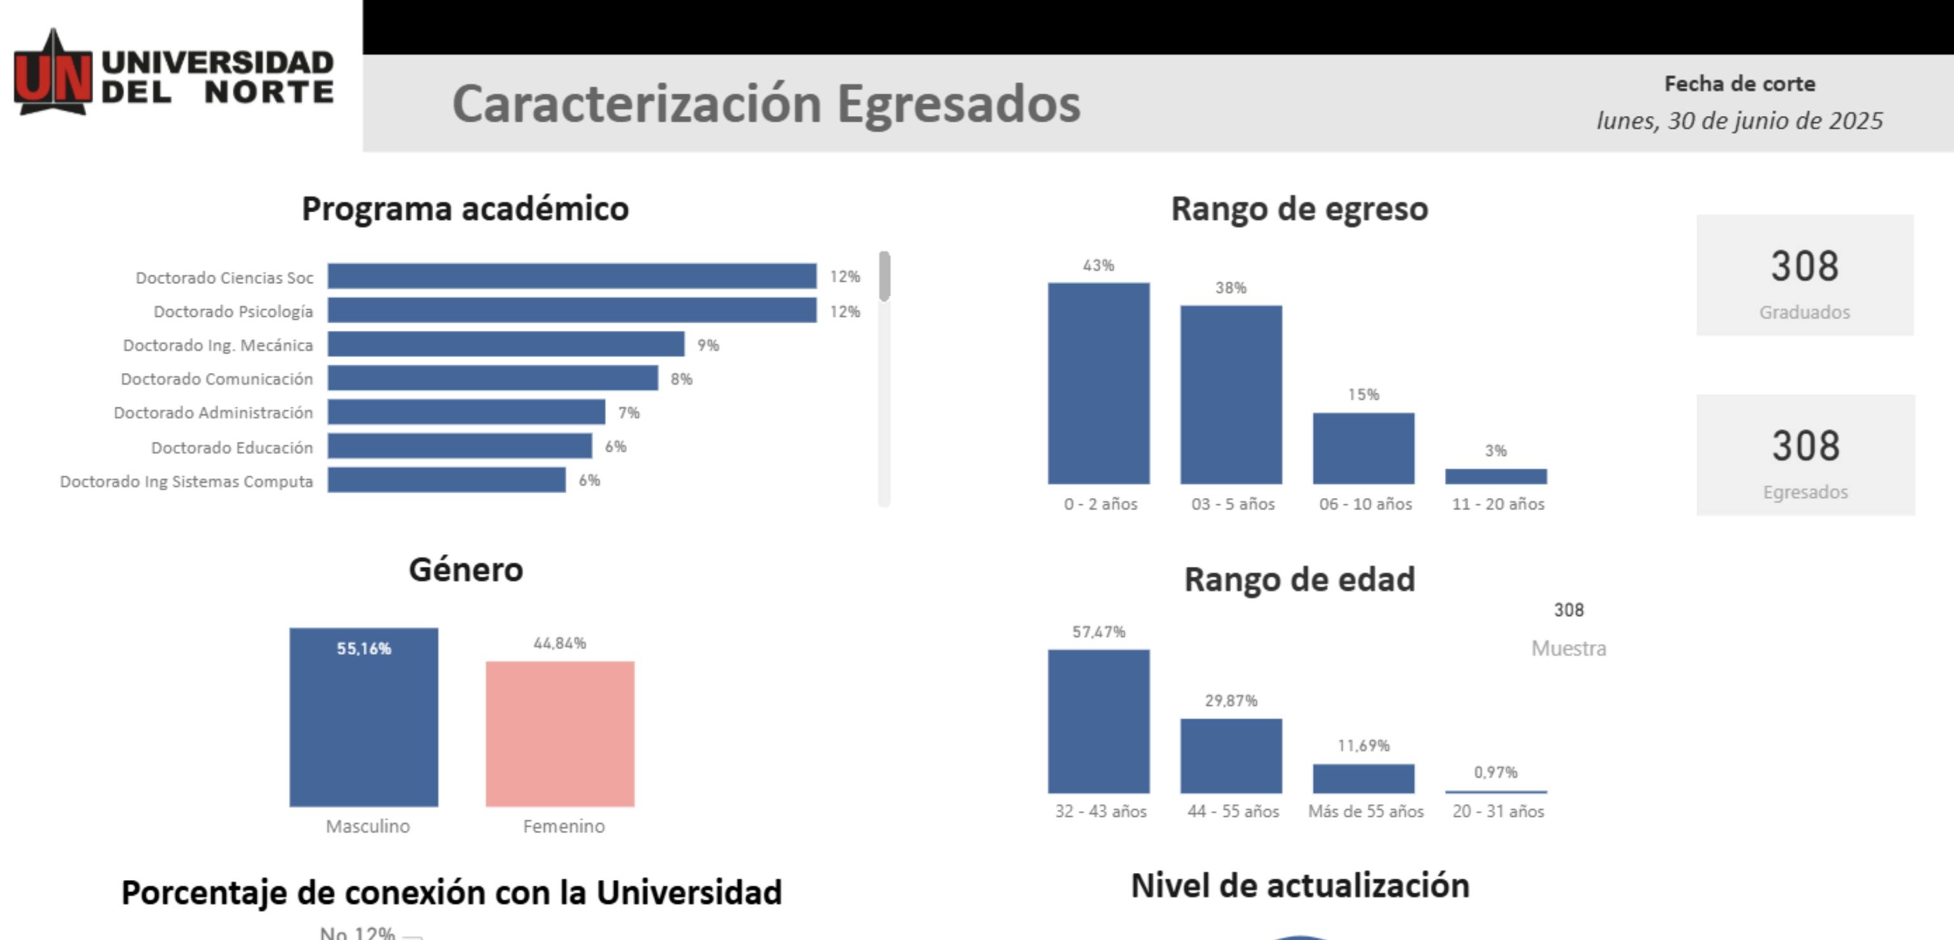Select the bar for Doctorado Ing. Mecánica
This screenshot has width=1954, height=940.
point(505,344)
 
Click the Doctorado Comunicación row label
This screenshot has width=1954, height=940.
point(217,379)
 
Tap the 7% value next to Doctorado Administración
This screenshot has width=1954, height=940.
point(629,413)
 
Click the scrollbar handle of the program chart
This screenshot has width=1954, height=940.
point(884,276)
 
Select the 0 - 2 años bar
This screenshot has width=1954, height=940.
point(1098,383)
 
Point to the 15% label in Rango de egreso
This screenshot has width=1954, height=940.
point(1363,395)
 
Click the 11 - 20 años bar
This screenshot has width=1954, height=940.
point(1496,476)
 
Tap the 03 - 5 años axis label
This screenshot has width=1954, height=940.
point(1233,504)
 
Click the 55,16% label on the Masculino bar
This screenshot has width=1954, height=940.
point(364,649)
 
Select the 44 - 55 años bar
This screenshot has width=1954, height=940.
point(1231,756)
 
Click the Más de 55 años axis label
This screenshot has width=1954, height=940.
point(1365,811)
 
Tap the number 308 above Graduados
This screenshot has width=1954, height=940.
point(1805,267)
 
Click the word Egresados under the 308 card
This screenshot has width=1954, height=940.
point(1805,492)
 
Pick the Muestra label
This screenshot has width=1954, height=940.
point(1569,649)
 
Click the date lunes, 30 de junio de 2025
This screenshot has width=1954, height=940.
point(1739,121)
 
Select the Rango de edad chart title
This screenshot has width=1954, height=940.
point(1300,580)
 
